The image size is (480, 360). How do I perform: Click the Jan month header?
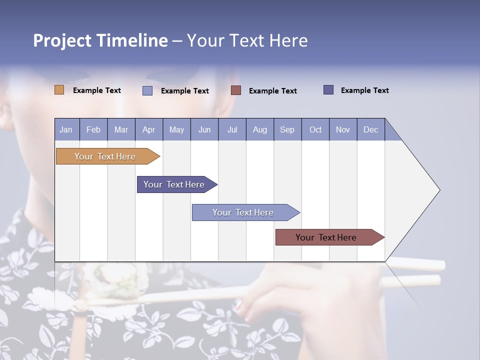(66, 130)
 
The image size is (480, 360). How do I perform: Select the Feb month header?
(93, 130)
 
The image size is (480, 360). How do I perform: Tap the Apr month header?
(149, 130)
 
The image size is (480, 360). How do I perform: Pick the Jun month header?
(204, 130)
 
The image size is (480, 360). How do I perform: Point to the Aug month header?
(260, 130)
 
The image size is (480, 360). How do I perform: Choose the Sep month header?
(287, 130)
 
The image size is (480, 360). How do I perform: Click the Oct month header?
(315, 130)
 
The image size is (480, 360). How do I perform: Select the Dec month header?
(371, 130)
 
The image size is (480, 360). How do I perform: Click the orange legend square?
(59, 90)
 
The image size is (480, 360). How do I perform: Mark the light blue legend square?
(147, 90)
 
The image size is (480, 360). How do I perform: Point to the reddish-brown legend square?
(236, 90)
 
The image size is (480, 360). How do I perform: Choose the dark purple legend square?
(328, 89)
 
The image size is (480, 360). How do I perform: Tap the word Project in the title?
(62, 40)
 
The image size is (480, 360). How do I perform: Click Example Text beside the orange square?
(97, 90)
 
